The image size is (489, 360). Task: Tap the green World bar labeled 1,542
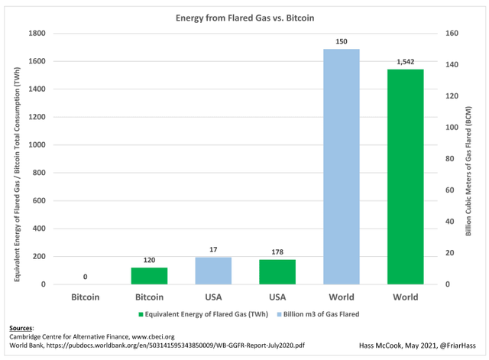[405, 177]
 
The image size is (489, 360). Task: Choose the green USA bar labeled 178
[277, 272]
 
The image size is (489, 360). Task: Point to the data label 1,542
[405, 61]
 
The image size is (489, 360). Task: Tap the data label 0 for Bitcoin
[84, 277]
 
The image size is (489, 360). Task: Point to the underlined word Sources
[21, 326]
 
